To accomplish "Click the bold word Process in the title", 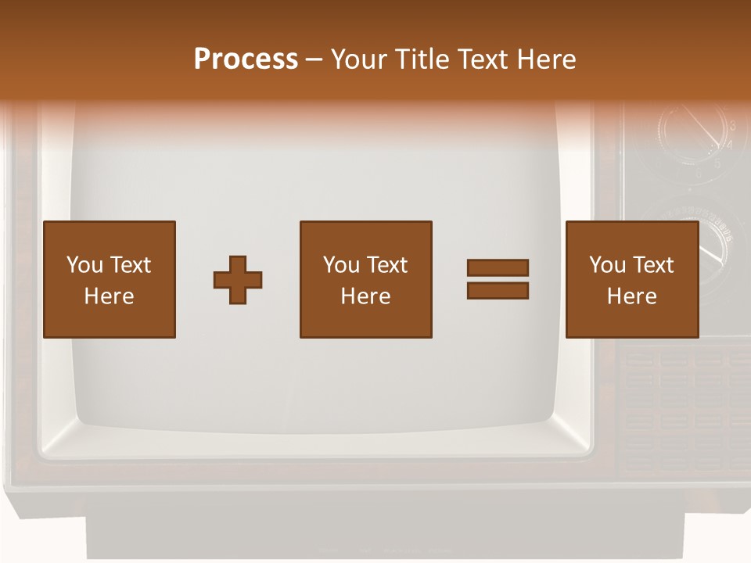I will coord(246,59).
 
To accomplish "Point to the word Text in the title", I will coord(487,59).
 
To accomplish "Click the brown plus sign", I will coord(238,280).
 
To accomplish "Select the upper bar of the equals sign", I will coord(498,268).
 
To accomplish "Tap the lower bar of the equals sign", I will coord(498,291).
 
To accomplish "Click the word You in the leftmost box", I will coord(84,265).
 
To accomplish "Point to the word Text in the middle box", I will coord(387,265).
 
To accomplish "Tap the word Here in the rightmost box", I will coord(631,296).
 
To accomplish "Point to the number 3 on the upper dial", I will coord(732,126).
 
